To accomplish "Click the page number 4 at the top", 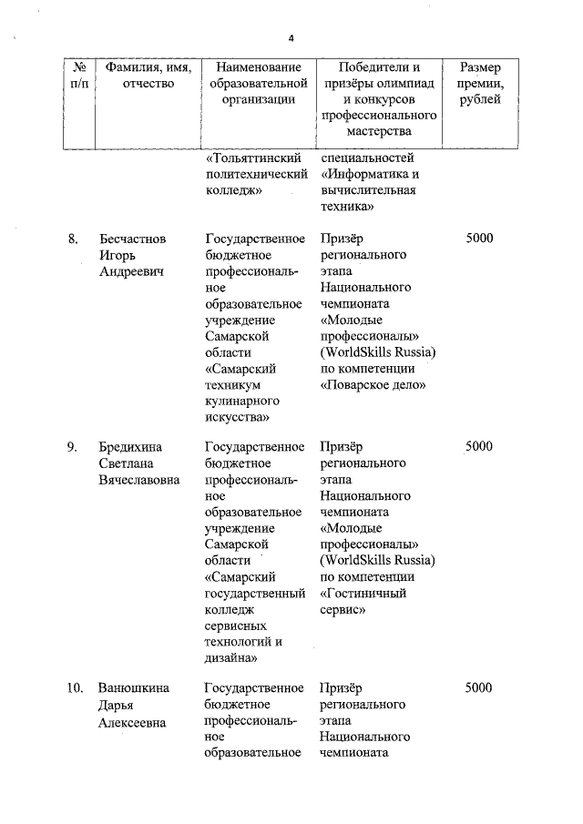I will [291, 38].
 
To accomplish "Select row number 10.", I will [75, 687].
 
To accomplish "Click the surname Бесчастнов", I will [133, 239].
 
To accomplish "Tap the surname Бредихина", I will [131, 447].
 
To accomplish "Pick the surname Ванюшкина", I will [135, 687].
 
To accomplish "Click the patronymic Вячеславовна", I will [139, 480].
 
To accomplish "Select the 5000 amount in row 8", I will [478, 239].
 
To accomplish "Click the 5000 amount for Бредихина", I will [478, 447].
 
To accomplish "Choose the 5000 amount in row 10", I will [478, 687].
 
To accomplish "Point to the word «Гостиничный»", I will [363, 593].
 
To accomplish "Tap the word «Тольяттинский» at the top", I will [253, 158].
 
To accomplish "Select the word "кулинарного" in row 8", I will [242, 401].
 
